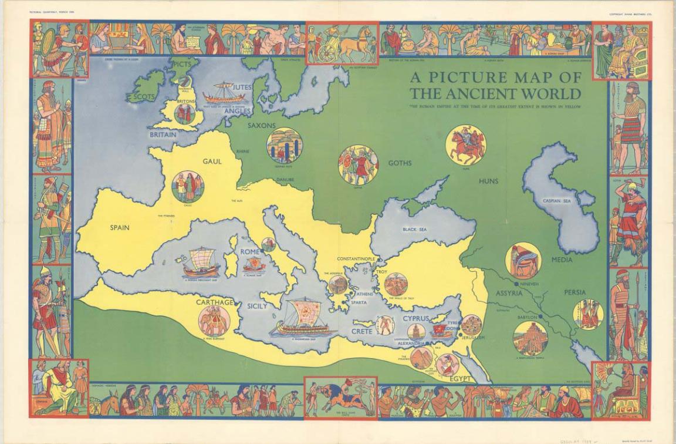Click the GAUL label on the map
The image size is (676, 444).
coord(212,161)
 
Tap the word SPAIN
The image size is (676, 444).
coord(120,227)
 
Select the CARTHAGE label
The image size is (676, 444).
coord(215,302)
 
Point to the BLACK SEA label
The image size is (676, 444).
coord(414,229)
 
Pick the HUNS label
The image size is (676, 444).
coord(488,181)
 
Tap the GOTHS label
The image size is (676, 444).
coord(400,163)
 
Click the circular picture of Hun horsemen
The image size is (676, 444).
coord(465,145)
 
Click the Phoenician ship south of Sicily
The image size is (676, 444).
coord(302,319)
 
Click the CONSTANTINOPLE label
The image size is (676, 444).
coord(356,259)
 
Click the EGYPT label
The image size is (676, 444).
coord(460,379)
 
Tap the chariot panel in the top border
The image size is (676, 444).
coord(342,44)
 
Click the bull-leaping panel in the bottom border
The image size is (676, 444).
coord(340,396)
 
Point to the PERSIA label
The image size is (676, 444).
coord(574,292)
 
